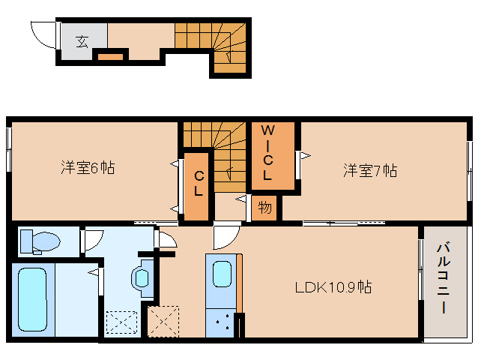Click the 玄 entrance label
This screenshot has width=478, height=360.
tap(82, 41)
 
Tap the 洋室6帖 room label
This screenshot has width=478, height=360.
tap(88, 168)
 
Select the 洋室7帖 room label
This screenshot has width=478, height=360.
tap(370, 170)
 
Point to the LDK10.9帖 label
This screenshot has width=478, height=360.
tap(333, 287)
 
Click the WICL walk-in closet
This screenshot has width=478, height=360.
tap(273, 155)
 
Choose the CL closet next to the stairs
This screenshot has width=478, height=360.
tap(196, 186)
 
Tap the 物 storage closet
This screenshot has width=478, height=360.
tap(264, 208)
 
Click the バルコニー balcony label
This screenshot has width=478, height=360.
tap(444, 278)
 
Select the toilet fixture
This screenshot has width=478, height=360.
tap(40, 241)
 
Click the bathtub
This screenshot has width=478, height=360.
tap(33, 299)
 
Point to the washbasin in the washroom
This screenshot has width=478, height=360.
tap(142, 278)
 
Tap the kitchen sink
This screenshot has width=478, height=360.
tap(222, 274)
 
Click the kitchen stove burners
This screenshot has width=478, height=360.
tap(222, 324)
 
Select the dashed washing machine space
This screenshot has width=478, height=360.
tap(121, 322)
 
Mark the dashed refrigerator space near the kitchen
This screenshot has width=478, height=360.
tap(163, 322)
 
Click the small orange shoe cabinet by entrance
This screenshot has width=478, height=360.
tap(110, 57)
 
